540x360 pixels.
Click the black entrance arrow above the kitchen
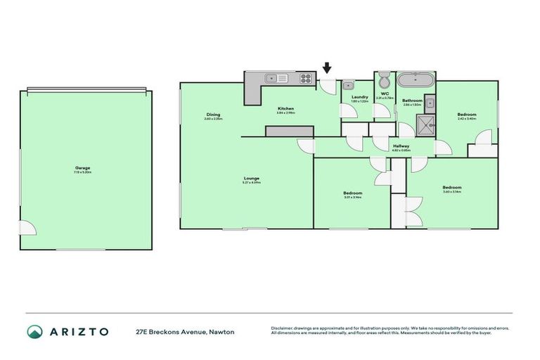[x=327, y=68]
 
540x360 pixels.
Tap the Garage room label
[x=83, y=168]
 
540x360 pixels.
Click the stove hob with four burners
[x=307, y=77]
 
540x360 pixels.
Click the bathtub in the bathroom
[x=416, y=78]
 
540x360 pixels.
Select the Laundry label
[x=360, y=97]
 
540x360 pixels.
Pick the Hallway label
[x=401, y=146]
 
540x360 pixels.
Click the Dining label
[x=213, y=115]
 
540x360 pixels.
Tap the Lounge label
[x=252, y=178]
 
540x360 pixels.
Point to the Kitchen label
[x=285, y=108]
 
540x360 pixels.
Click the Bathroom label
[x=412, y=101]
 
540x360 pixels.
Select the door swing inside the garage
[x=27, y=229]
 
